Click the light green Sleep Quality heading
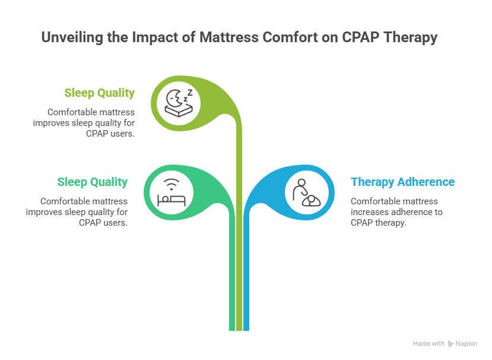100,93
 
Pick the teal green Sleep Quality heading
93,182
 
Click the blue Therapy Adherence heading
402,182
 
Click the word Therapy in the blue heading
370,182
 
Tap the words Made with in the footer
428,343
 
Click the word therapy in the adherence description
391,222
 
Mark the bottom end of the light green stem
239,329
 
